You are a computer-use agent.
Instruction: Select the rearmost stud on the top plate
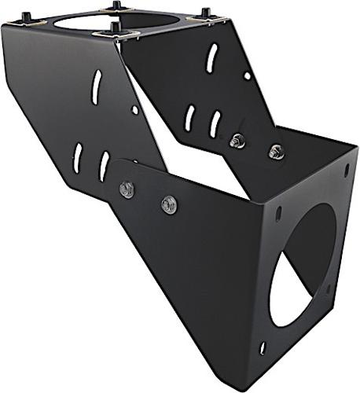(117, 6)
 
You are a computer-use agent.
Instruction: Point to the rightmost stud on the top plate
(206, 13)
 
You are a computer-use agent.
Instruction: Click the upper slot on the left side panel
(96, 86)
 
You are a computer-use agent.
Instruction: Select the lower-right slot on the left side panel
(104, 165)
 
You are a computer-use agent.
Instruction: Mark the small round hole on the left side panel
(134, 110)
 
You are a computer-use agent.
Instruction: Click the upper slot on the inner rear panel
(211, 58)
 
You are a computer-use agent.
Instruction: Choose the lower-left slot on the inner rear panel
(189, 118)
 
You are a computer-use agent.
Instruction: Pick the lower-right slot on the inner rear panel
(215, 123)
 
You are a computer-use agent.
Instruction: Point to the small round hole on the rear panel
(247, 76)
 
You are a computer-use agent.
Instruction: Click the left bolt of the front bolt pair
(127, 189)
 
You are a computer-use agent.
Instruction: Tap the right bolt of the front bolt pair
(168, 204)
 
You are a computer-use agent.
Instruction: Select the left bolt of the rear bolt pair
(237, 141)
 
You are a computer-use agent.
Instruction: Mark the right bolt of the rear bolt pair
(275, 152)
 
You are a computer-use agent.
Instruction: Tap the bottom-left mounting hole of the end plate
(263, 347)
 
